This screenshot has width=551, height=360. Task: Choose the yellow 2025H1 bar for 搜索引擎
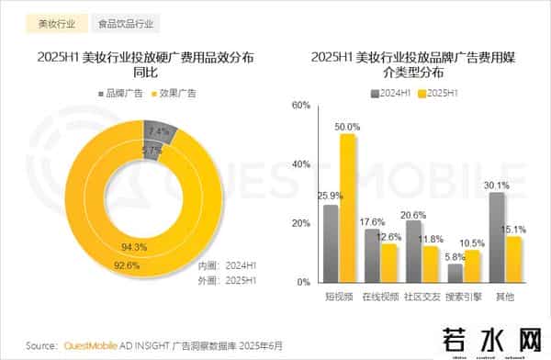(472, 265)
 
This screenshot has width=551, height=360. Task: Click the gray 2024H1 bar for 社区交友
(414, 251)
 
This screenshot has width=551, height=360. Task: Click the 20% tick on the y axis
(301, 223)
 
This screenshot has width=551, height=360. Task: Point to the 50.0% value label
(347, 126)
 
